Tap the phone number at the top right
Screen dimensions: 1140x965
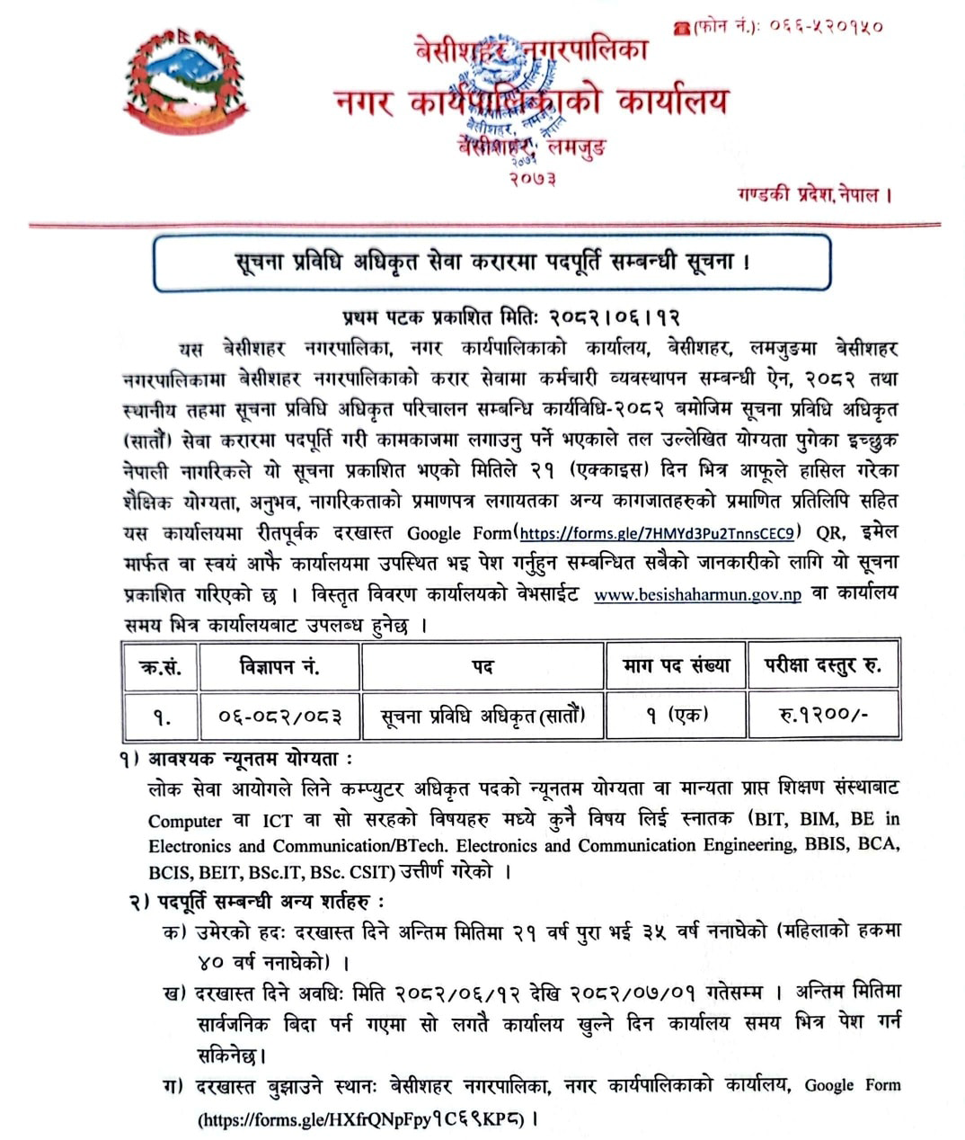tap(778, 26)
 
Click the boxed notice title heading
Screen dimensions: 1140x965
tap(491, 263)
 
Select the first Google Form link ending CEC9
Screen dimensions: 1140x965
tap(656, 533)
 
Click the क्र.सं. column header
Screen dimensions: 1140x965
tap(160, 666)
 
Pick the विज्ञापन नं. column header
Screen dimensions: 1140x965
tap(279, 666)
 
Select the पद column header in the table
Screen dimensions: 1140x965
tap(482, 666)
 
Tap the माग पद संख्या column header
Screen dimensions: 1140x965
tap(676, 666)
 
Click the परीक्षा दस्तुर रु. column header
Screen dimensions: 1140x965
tap(823, 666)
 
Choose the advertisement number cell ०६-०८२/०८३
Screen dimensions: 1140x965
tap(279, 716)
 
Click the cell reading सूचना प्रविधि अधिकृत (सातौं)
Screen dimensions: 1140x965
tap(482, 716)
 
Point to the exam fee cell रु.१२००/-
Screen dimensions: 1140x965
tap(823, 716)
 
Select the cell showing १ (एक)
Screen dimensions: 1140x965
tap(676, 716)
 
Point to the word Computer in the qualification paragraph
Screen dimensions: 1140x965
tap(185, 821)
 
